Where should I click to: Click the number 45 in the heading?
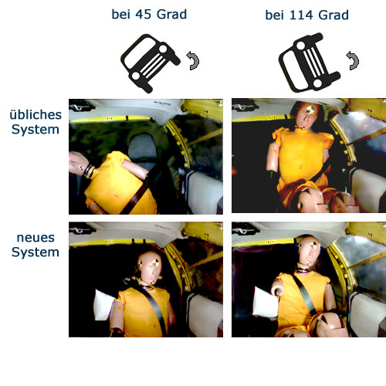click(x=144, y=15)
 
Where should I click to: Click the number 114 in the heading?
click(x=302, y=15)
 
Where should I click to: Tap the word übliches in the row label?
click(x=36, y=115)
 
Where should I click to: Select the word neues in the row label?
click(x=36, y=238)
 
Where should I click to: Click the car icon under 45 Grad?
click(x=151, y=63)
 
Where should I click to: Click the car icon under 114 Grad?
click(x=310, y=63)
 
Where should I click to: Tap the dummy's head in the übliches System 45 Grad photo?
click(x=79, y=164)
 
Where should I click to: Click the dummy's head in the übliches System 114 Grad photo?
click(x=306, y=115)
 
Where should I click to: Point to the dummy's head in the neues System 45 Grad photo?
click(x=150, y=267)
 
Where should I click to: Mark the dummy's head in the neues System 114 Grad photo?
click(x=310, y=251)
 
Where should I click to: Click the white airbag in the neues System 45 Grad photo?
click(x=104, y=305)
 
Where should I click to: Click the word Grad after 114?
click(x=334, y=15)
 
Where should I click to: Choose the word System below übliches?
click(x=36, y=130)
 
